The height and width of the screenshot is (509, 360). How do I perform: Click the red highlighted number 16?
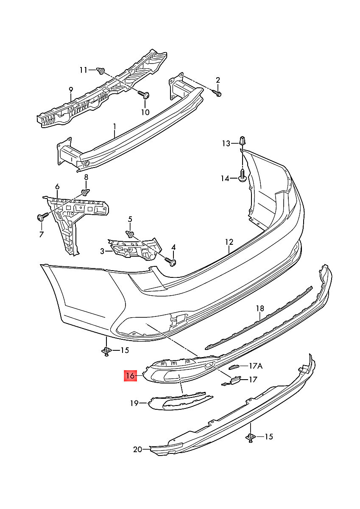tap(130, 375)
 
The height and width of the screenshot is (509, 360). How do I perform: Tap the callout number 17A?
tap(256, 366)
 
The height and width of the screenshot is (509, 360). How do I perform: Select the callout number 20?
tap(137, 450)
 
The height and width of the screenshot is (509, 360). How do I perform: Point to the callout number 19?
tap(134, 403)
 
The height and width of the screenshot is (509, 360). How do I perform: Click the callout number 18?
tap(260, 308)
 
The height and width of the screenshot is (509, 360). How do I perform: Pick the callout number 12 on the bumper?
tap(229, 242)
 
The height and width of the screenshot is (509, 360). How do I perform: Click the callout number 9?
tap(71, 89)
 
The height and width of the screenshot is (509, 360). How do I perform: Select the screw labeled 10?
tap(145, 96)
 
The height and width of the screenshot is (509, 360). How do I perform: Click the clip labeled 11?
tap(101, 71)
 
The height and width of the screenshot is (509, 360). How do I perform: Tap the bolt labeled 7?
tap(42, 218)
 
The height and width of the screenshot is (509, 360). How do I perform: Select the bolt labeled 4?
tap(173, 262)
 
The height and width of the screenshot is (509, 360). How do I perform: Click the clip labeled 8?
tap(87, 193)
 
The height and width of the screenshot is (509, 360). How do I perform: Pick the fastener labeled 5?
tap(130, 234)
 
